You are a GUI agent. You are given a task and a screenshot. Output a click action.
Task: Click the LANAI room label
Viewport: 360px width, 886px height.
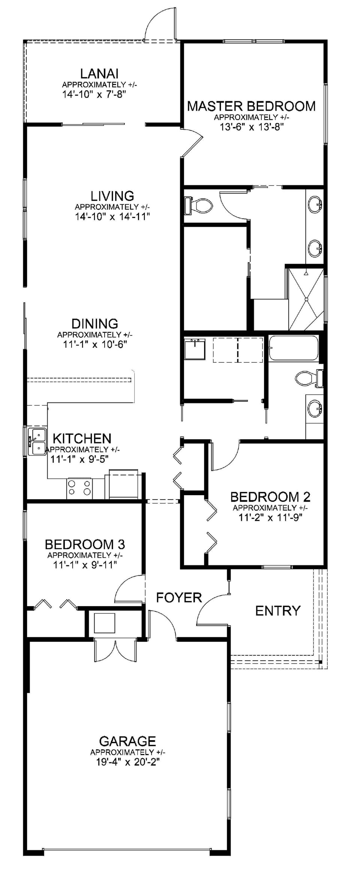(x=99, y=74)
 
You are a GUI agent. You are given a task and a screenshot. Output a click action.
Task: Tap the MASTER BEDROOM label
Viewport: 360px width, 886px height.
(x=251, y=106)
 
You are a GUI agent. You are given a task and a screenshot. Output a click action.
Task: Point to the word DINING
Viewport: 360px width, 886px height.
(x=94, y=323)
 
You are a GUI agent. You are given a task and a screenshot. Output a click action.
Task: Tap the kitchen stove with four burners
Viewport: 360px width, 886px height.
(x=79, y=488)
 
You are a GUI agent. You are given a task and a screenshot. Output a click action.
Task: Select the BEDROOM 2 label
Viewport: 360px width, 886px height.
(x=270, y=497)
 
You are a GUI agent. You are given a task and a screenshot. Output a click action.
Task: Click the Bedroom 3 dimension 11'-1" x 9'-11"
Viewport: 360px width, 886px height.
(x=85, y=565)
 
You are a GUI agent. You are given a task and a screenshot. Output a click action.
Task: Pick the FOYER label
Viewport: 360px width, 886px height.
(x=179, y=598)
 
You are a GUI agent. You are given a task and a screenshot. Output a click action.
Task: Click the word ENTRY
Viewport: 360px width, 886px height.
(x=278, y=611)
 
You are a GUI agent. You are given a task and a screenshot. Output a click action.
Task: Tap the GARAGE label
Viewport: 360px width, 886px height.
(x=127, y=741)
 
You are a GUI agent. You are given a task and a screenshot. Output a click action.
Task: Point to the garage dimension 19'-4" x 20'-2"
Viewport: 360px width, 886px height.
(x=127, y=762)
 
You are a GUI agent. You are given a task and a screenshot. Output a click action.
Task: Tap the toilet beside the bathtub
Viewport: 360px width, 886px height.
(x=310, y=378)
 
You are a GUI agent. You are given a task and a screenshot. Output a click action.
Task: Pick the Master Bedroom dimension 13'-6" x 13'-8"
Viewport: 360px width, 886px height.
(x=251, y=127)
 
